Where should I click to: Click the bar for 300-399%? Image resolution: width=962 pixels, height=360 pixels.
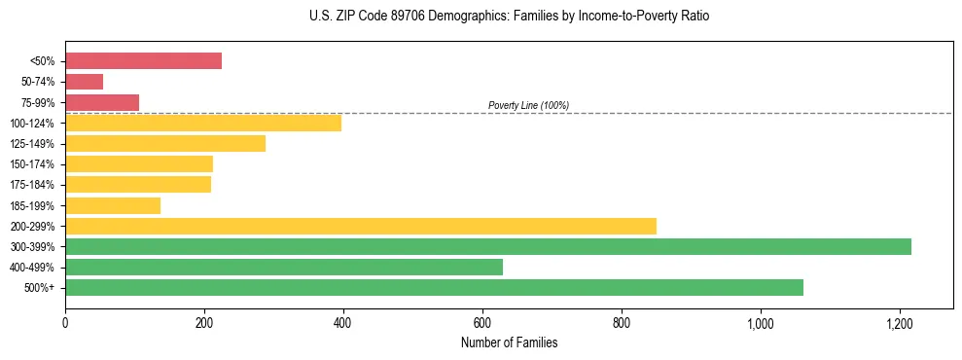pyautogui.click(x=487, y=246)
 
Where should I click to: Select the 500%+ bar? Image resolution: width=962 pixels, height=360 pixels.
pyautogui.click(x=434, y=287)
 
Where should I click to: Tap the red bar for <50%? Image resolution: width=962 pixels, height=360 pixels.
pyautogui.click(x=143, y=61)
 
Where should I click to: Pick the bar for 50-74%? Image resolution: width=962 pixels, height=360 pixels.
pyautogui.click(x=84, y=82)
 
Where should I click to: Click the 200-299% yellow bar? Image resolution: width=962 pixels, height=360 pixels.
pyautogui.click(x=360, y=226)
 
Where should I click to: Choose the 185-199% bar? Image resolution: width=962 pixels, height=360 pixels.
pyautogui.click(x=113, y=205)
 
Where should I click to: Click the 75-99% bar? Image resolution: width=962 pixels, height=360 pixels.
pyautogui.click(x=102, y=102)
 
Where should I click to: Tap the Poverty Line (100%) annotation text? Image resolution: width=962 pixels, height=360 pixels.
pyautogui.click(x=528, y=105)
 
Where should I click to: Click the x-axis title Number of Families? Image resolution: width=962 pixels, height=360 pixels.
pyautogui.click(x=510, y=342)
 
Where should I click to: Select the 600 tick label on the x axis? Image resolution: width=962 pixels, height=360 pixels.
pyautogui.click(x=482, y=322)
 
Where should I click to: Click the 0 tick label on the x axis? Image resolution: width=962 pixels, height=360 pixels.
pyautogui.click(x=65, y=322)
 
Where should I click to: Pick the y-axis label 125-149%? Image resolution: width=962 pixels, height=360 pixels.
pyautogui.click(x=32, y=144)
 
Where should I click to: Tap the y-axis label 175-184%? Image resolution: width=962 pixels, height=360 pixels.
pyautogui.click(x=32, y=185)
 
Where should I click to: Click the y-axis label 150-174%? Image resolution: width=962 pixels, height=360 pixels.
pyautogui.click(x=32, y=164)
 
